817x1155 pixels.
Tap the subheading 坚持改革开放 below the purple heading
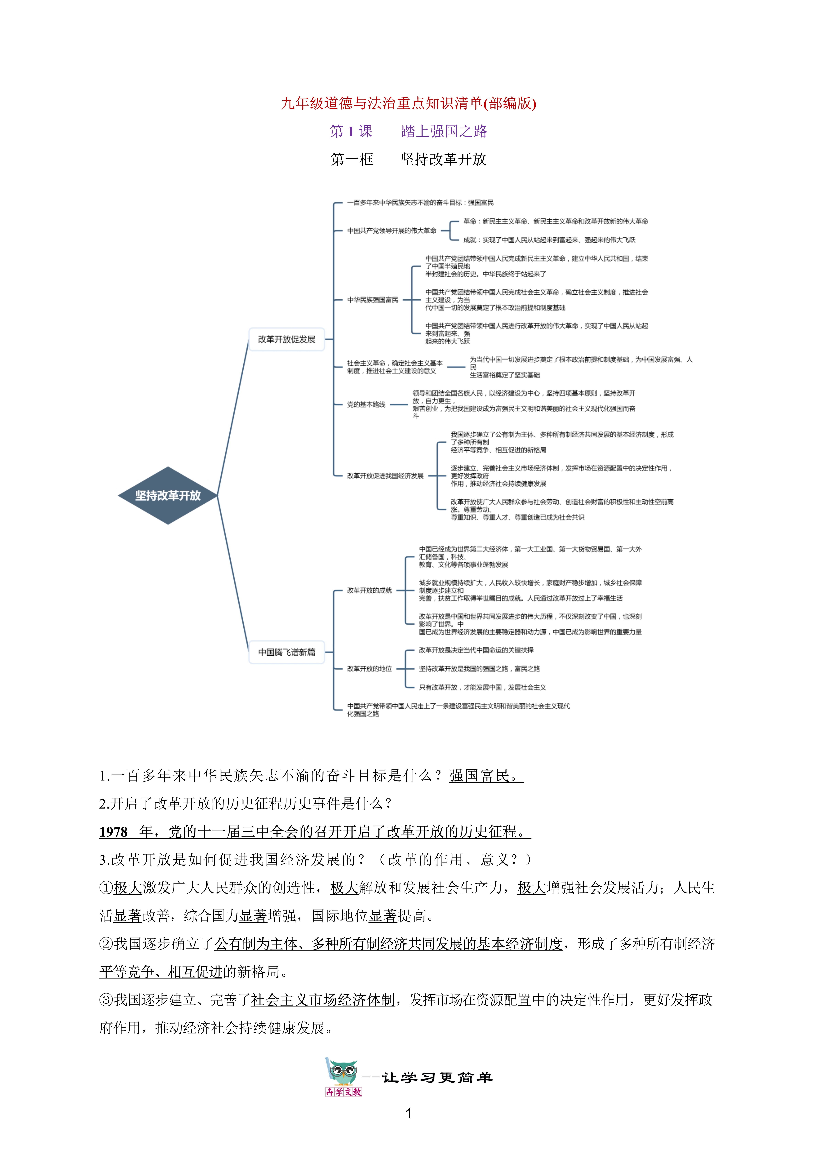443,159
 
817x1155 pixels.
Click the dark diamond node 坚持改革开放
168,495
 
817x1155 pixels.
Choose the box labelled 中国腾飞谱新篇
286,652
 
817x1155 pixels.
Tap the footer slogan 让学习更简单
437,1078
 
